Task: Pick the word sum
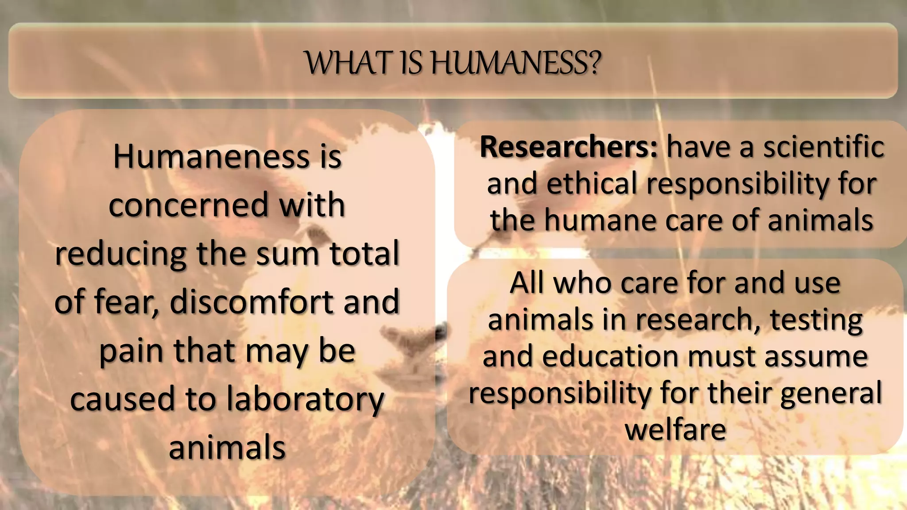(286, 254)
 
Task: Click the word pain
(131, 351)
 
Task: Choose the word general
(831, 393)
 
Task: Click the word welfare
(675, 429)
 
